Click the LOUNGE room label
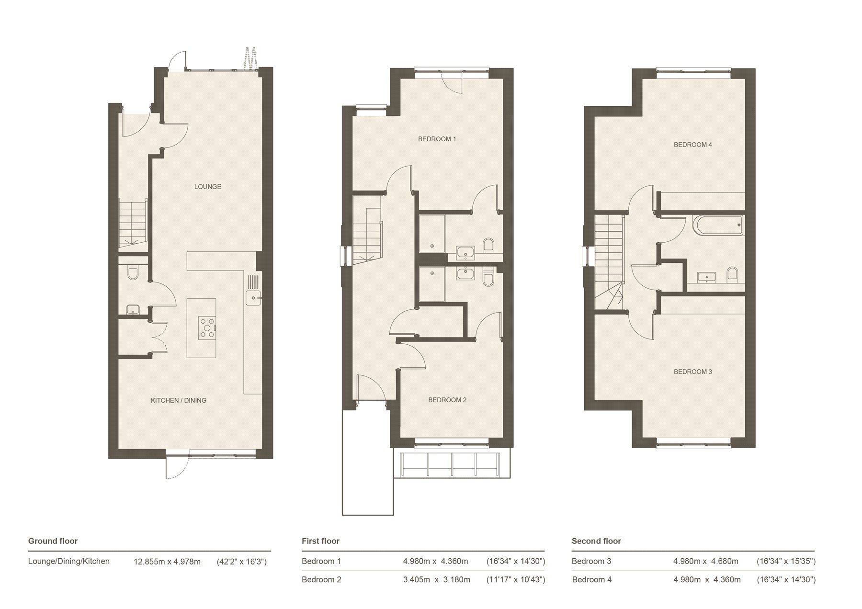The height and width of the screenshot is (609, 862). click(x=208, y=187)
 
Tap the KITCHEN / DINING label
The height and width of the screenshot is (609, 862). click(x=179, y=400)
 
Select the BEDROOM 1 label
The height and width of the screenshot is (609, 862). click(x=437, y=139)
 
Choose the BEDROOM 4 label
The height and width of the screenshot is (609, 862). click(x=693, y=145)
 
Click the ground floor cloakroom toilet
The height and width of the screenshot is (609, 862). click(x=133, y=273)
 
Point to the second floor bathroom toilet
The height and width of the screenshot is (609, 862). click(x=732, y=275)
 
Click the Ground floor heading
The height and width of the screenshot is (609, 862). click(x=53, y=541)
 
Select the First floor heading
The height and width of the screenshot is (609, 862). click(x=320, y=541)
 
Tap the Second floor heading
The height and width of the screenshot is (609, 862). click(x=596, y=541)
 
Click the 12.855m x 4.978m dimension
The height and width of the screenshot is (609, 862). click(x=167, y=562)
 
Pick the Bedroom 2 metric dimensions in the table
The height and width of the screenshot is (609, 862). click(x=437, y=580)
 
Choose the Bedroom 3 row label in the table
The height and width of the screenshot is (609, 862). click(x=591, y=561)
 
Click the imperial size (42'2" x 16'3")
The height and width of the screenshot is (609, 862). click(x=242, y=562)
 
